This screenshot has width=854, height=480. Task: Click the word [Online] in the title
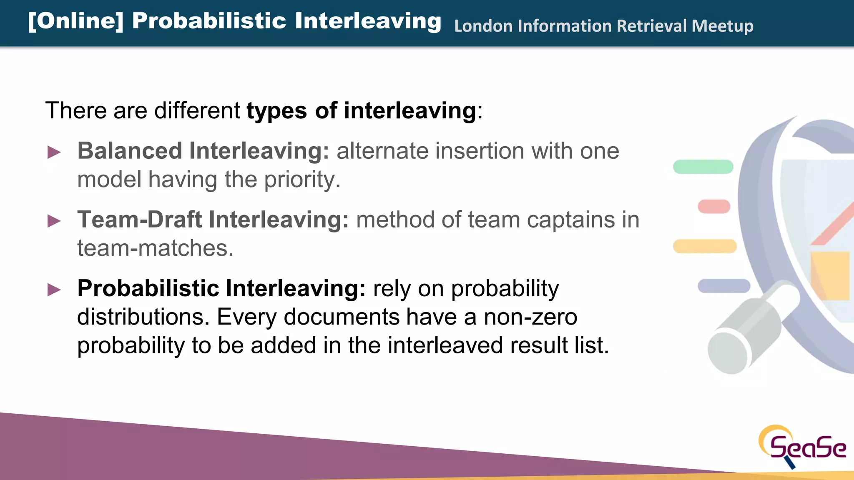[76, 21]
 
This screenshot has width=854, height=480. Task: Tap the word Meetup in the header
[722, 26]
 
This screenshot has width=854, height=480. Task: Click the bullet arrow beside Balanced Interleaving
[54, 152]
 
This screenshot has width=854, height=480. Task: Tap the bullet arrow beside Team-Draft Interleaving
[54, 221]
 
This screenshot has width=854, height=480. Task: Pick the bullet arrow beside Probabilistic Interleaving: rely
[54, 290]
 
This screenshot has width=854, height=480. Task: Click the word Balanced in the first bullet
[130, 151]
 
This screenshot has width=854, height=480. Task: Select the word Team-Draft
[140, 220]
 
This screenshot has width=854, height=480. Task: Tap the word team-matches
[155, 248]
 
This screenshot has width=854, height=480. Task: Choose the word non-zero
[530, 317]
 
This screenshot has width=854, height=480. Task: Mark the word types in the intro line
[276, 111]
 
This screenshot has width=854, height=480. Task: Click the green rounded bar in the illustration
[703, 167]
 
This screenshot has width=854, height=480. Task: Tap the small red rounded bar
[714, 206]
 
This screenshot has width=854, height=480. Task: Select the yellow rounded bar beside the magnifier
[705, 246]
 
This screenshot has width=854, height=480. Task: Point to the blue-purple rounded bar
[724, 286]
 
